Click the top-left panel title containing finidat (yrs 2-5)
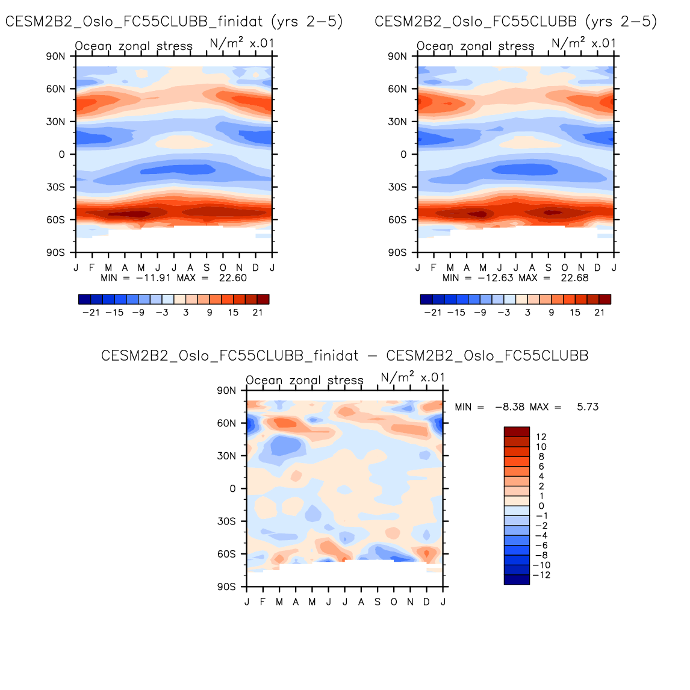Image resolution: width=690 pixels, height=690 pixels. click(174, 22)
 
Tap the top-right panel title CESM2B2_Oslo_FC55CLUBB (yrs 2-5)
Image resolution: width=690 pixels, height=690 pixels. click(516, 22)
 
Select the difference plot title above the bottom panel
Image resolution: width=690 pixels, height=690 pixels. click(344, 356)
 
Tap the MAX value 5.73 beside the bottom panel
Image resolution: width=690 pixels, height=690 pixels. click(588, 407)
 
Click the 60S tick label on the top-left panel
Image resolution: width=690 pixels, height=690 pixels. click(55, 220)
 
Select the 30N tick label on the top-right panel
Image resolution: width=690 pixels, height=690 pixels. click(397, 122)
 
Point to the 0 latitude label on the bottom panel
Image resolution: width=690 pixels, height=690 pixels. click(232, 489)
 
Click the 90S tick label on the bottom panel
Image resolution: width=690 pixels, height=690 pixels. click(226, 587)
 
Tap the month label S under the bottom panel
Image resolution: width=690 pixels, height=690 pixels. click(378, 602)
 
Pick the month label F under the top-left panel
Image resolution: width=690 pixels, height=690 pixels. click(92, 268)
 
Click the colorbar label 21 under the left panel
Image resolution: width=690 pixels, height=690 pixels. click(258, 312)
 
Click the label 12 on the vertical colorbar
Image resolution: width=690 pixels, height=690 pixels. click(541, 437)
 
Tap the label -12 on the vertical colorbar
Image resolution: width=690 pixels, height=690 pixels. click(541, 575)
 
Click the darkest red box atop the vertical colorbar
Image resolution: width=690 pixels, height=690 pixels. click(517, 432)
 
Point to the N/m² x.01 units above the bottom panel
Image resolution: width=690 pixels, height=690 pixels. click(413, 378)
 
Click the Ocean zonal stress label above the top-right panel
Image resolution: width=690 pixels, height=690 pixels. click(476, 46)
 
